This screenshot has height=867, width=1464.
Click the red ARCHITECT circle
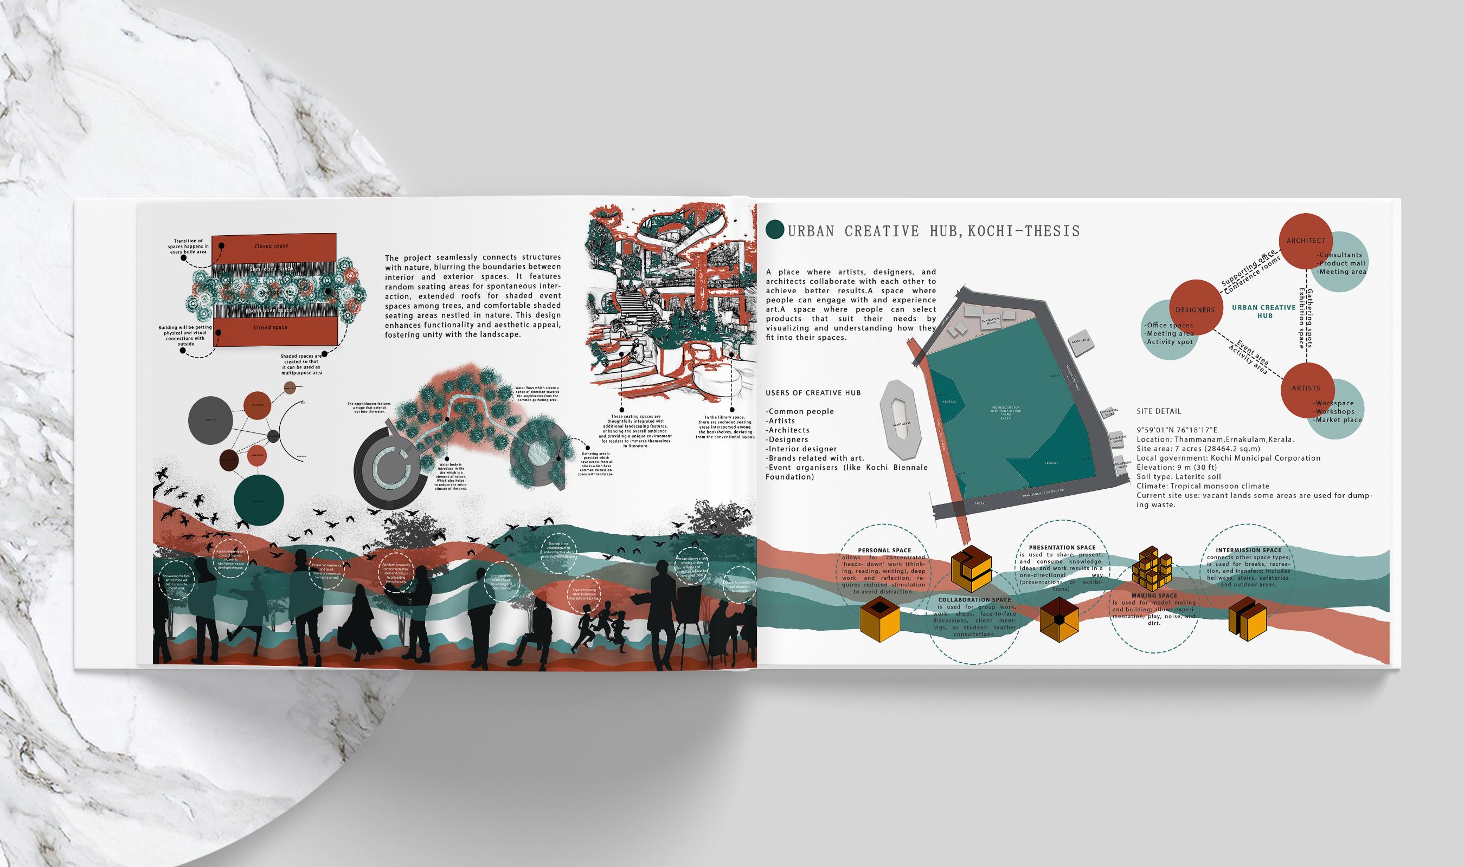pyautogui.click(x=1306, y=241)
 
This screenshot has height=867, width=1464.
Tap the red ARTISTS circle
pyautogui.click(x=1306, y=388)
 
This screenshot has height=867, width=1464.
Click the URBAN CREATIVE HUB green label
pyautogui.click(x=1264, y=312)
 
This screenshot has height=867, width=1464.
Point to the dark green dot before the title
pyautogui.click(x=775, y=230)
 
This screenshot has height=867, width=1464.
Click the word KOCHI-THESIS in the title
pyautogui.click(x=1023, y=231)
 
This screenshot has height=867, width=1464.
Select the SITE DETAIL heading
pyautogui.click(x=1159, y=411)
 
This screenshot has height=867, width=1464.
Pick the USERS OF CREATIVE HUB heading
pyautogui.click(x=813, y=393)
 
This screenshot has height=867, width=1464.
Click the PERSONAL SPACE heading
pyautogui.click(x=884, y=551)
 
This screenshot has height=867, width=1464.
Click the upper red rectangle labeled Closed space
pyautogui.click(x=273, y=247)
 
